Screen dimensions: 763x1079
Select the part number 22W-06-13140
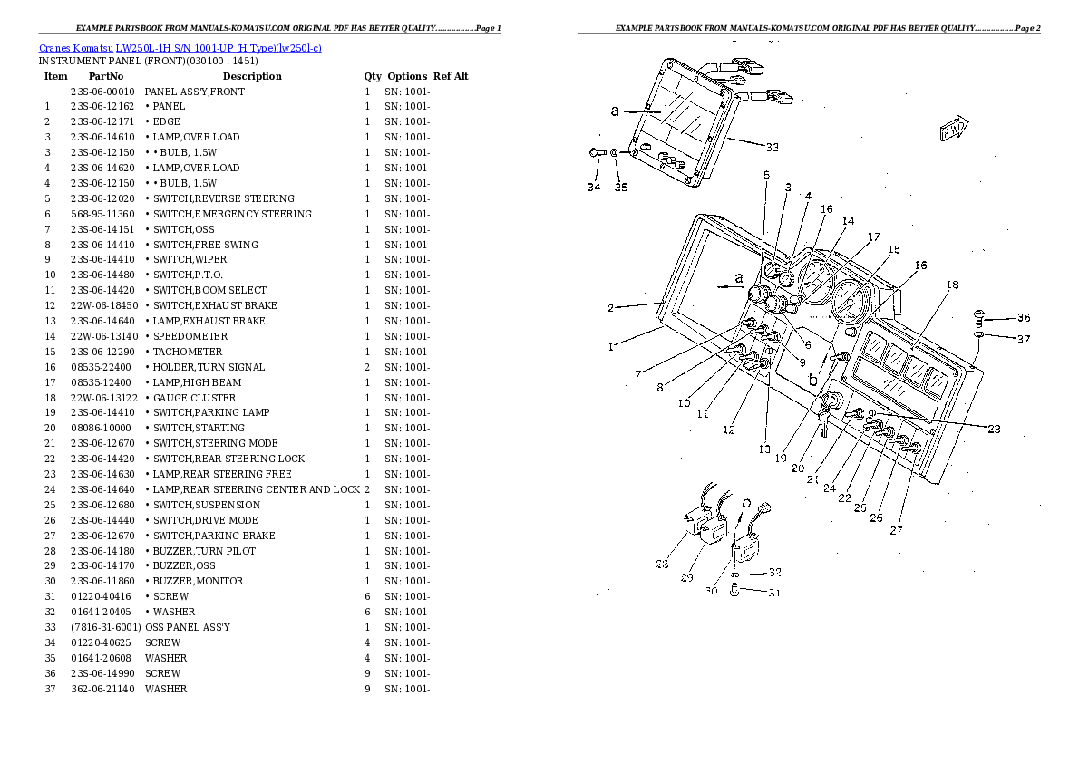103,336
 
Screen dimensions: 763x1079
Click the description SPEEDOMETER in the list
190,336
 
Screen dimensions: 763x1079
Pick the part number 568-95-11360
103,214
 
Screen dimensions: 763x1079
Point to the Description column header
252,76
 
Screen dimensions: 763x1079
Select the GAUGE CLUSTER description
194,398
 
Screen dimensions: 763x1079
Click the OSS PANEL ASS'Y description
188,627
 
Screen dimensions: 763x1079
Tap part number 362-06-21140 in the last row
103,689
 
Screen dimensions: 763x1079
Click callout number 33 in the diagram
772,148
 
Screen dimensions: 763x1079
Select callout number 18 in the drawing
951,285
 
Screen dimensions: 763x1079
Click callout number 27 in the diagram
896,531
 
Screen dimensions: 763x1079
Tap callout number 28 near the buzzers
662,564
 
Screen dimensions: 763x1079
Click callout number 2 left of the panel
611,308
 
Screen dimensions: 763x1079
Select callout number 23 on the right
994,430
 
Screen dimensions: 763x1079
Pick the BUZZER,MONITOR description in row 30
197,581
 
